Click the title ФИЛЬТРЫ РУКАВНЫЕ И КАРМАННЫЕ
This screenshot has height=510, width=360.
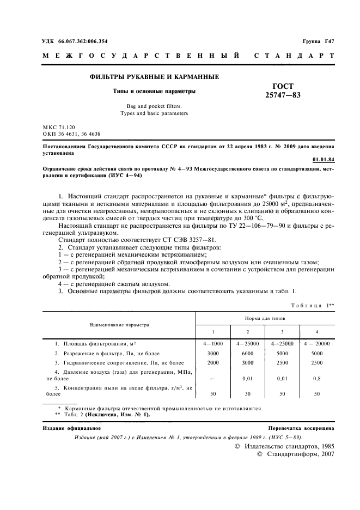(x=154, y=77)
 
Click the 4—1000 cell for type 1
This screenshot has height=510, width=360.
(x=213, y=344)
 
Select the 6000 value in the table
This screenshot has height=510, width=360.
(x=248, y=353)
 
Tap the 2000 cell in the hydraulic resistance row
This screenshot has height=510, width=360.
(x=213, y=362)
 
